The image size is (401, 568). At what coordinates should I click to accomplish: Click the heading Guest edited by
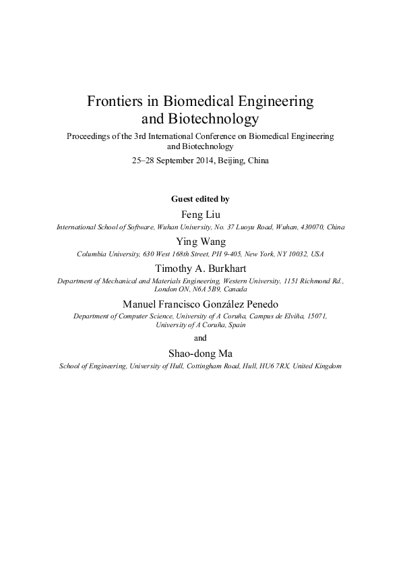(201, 199)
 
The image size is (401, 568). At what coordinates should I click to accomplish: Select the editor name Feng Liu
(201, 215)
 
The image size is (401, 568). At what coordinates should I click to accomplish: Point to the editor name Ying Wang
(201, 242)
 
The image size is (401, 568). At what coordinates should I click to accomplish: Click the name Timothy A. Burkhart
(201, 268)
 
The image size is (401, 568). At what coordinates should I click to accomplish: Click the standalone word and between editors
(201, 338)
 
